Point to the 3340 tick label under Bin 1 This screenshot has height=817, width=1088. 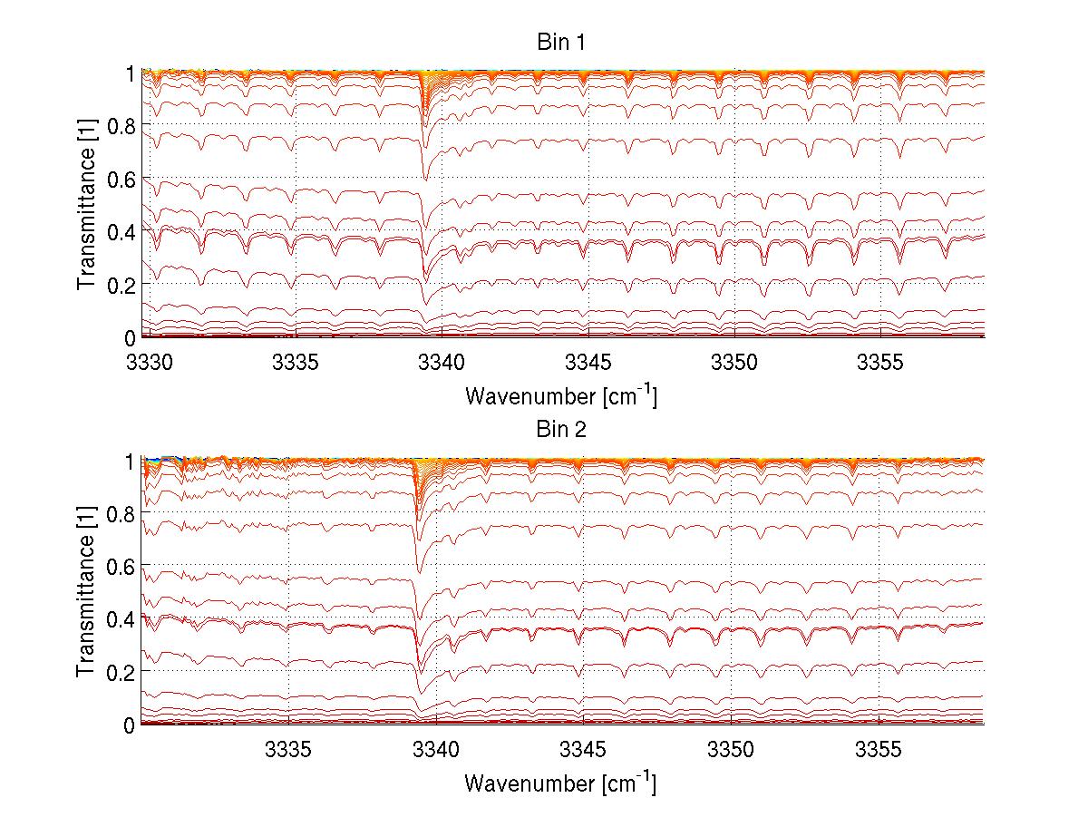(442, 363)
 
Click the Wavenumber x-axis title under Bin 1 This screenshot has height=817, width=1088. (560, 395)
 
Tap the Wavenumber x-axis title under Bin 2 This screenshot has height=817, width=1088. (560, 783)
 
